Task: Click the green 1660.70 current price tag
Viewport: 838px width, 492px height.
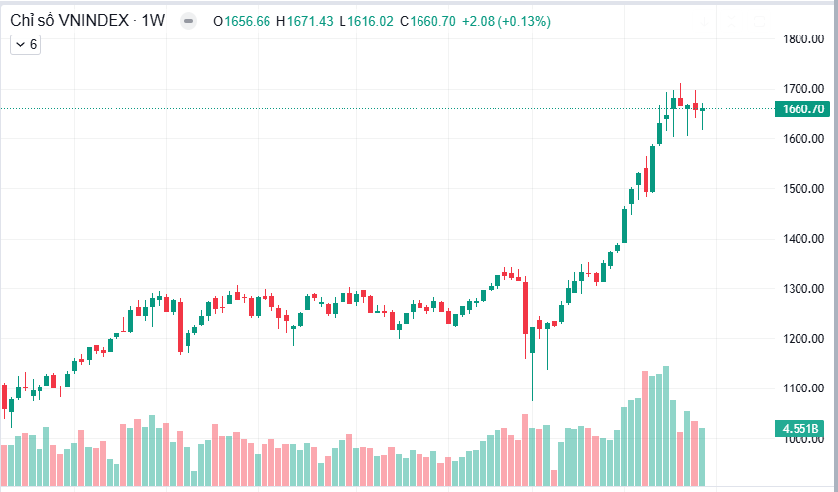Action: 802,109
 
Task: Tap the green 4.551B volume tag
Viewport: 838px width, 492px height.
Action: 802,429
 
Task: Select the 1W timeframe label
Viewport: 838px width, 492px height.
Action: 153,21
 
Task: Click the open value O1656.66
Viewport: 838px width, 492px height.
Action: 242,21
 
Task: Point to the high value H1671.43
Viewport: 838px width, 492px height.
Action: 305,21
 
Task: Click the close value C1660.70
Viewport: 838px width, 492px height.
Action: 427,21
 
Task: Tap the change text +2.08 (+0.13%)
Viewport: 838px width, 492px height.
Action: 511,21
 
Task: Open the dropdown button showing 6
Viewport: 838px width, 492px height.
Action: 26,44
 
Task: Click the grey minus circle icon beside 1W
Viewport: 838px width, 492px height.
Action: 188,21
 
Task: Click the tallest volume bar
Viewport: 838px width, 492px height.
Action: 666,425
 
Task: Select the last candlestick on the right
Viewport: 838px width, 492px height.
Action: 703,110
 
